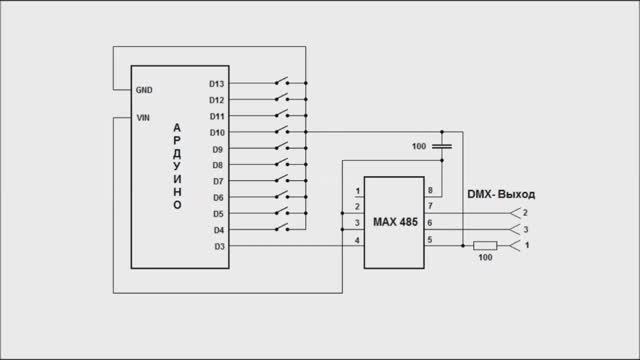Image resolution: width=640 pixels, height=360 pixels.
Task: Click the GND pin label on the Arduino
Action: (144, 89)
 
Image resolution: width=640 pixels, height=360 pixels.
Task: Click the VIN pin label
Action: (143, 117)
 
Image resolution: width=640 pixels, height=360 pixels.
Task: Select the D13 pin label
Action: (216, 83)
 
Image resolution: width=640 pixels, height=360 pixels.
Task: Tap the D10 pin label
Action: (216, 132)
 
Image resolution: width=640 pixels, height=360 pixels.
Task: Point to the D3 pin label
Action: (218, 246)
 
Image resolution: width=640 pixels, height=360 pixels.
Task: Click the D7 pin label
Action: (218, 181)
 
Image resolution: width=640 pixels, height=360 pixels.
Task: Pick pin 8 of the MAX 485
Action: (431, 190)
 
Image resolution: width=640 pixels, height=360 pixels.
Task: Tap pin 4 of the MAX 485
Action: (357, 240)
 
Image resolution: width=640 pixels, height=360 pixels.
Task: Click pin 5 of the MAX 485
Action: (431, 240)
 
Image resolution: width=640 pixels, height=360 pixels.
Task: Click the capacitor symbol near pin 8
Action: (441, 148)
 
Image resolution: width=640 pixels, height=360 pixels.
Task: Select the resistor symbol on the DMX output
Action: (485, 245)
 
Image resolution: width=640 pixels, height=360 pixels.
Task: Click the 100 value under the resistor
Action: (485, 258)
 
